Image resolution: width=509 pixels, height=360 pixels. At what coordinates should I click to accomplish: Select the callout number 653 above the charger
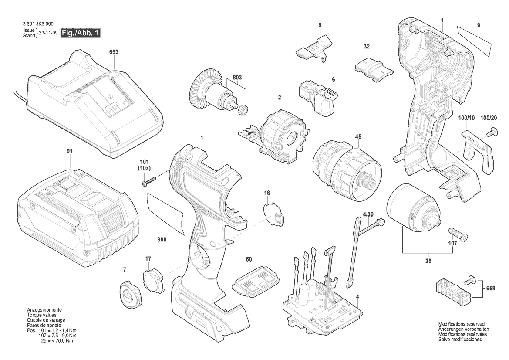point(114,52)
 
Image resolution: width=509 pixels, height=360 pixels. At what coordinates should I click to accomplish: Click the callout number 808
point(162,239)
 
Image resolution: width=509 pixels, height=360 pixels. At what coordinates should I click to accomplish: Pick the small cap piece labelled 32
point(373,68)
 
